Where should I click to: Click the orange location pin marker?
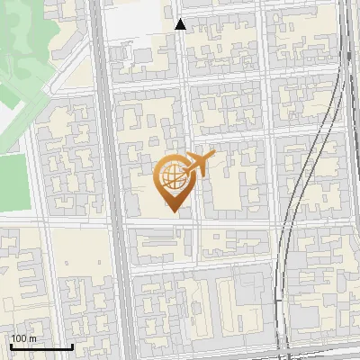(174, 180)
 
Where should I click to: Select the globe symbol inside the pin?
(171, 175)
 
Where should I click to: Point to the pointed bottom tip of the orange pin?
(174, 211)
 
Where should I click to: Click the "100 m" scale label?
(23, 337)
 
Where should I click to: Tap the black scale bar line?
(41, 346)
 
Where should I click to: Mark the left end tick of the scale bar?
(11, 345)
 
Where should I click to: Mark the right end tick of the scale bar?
(72, 345)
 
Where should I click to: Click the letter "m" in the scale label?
(32, 337)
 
